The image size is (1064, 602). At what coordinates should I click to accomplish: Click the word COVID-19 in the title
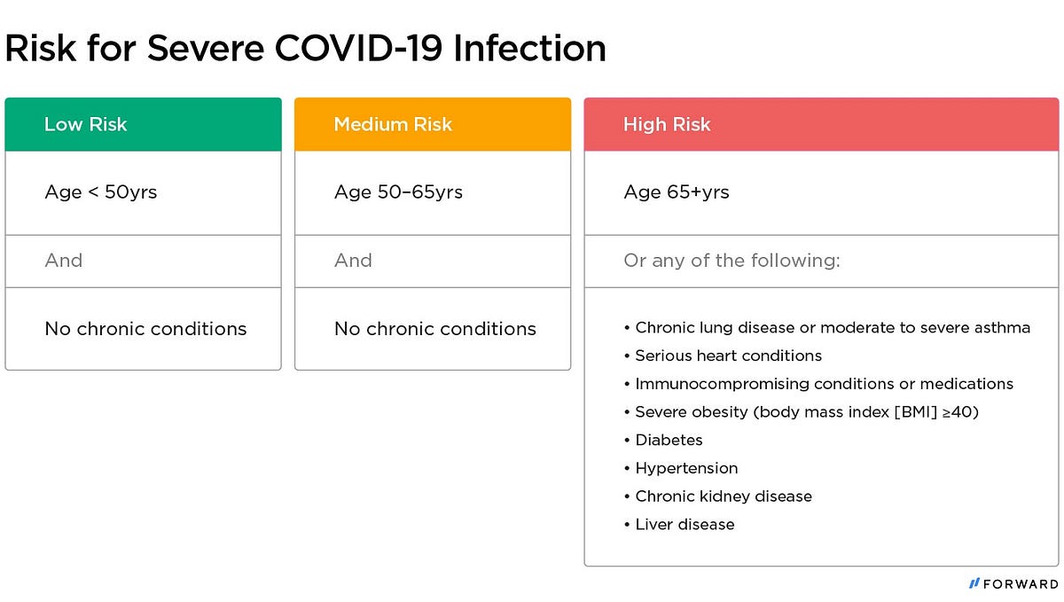[x=358, y=48]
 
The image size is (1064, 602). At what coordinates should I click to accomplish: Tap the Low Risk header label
[x=85, y=124]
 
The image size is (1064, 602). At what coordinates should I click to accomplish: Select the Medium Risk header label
[x=393, y=124]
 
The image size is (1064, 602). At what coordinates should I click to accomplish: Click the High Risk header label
[x=667, y=124]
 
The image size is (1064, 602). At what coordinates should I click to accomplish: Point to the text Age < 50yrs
[x=101, y=192]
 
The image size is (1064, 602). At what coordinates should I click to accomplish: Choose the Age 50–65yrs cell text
[x=398, y=192]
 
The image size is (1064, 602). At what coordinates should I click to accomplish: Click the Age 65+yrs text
[x=677, y=192]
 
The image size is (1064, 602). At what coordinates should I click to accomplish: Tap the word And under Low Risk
[x=64, y=261]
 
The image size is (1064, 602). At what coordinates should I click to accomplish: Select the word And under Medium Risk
[x=354, y=261]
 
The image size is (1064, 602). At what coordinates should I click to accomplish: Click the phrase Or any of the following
[x=732, y=261]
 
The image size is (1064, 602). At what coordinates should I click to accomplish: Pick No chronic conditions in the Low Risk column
[x=145, y=329]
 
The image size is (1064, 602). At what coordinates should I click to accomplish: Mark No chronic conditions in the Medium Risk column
[x=435, y=329]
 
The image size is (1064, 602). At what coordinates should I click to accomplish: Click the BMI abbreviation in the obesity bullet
[x=916, y=412]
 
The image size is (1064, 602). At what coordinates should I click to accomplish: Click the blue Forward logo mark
[x=974, y=583]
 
